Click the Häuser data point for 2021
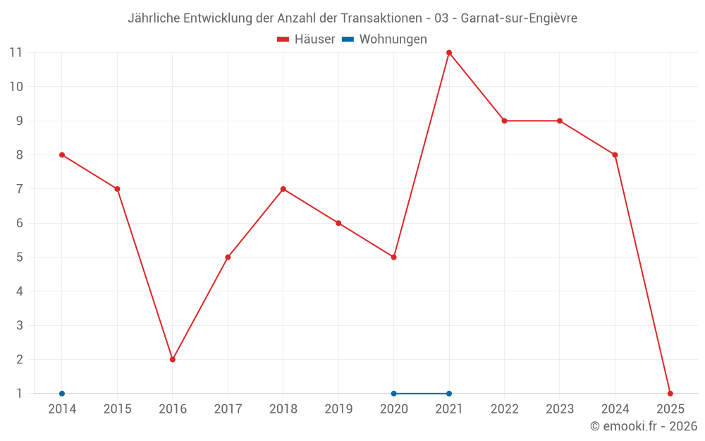click(449, 53)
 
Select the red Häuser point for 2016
click(173, 359)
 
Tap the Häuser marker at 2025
click(670, 394)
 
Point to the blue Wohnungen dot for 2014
click(62, 394)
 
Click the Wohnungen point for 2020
click(393, 394)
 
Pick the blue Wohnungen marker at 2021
click(449, 394)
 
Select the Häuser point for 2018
click(283, 189)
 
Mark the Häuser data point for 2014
click(62, 155)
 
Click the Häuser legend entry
click(306, 40)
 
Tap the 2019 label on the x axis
click(338, 409)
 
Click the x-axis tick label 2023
click(560, 409)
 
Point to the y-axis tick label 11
click(16, 53)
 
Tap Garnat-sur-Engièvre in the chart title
click(519, 18)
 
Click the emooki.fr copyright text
click(644, 426)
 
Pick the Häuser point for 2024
click(615, 155)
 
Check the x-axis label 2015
click(117, 409)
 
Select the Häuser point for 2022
click(504, 121)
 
